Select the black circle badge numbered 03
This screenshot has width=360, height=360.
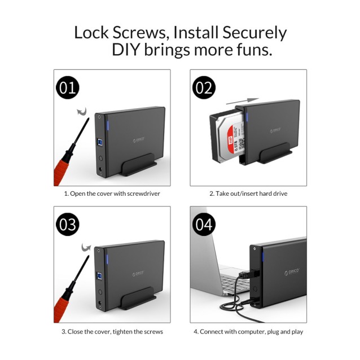68,225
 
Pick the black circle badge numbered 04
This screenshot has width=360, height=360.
204,225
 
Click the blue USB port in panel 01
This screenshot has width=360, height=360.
102,141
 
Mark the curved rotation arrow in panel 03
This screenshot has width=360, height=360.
86,247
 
